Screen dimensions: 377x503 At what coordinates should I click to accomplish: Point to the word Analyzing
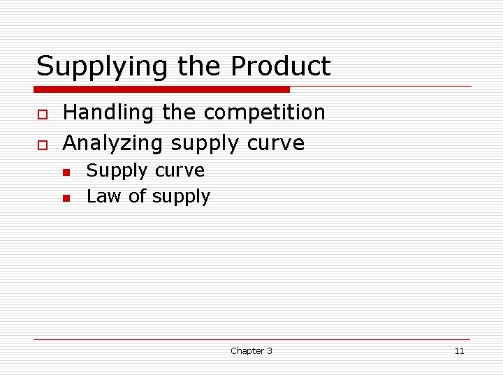113,144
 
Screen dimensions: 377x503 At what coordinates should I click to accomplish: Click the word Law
101,197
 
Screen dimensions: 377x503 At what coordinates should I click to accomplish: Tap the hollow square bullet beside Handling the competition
42,114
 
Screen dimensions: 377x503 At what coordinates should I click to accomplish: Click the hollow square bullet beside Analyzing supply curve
42,145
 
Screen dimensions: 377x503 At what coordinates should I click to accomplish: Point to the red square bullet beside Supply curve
66,172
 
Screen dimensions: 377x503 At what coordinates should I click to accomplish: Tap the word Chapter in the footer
247,351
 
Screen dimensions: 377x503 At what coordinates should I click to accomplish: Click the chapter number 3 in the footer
270,351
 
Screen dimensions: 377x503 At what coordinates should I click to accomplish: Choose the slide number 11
459,351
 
